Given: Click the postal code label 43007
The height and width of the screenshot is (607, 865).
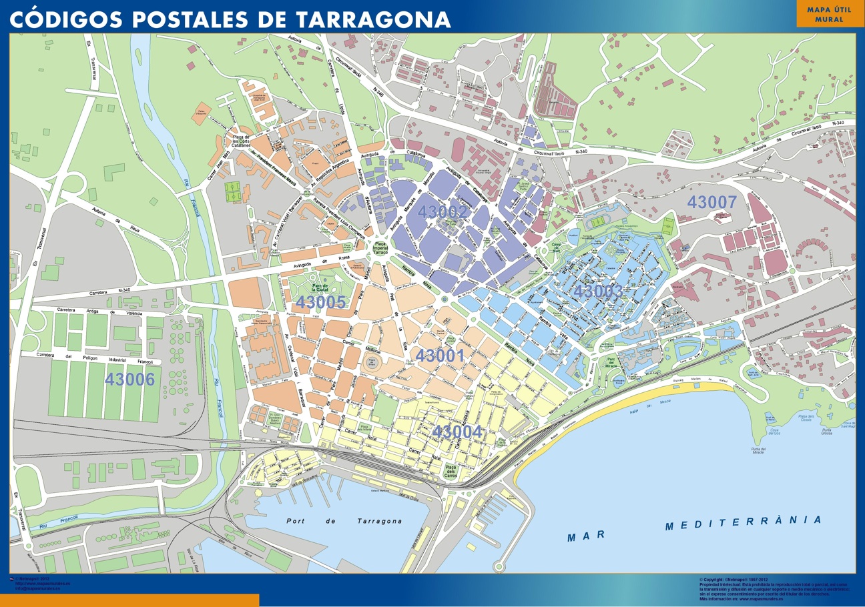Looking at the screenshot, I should (712, 202).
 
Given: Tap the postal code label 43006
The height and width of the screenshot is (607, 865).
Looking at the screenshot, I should (129, 379).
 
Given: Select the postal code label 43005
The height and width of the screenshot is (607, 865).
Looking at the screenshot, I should (321, 302).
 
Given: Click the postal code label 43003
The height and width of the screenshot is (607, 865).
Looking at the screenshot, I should (598, 291).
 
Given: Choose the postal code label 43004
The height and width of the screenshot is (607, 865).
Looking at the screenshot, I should (457, 432).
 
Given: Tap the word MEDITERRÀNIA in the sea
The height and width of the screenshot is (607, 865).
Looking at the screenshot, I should (743, 522).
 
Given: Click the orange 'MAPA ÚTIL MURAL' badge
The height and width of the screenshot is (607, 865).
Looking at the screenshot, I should (829, 14).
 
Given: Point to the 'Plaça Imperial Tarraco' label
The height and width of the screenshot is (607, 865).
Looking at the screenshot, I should (380, 249).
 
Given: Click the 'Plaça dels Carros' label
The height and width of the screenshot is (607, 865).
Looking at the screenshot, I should (451, 472).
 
